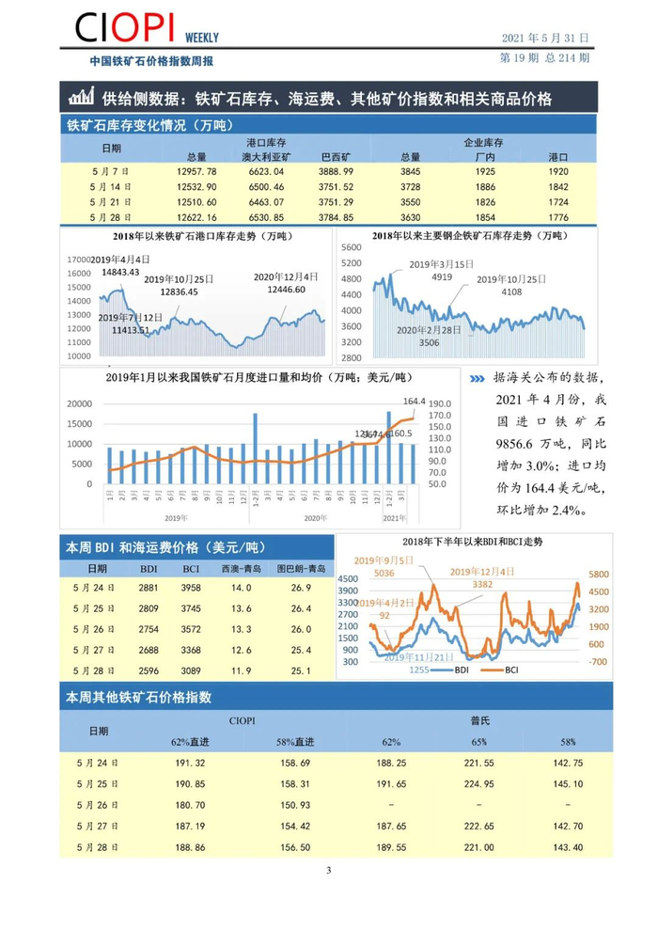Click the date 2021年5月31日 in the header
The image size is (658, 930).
tap(545, 38)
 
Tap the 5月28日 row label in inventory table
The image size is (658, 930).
tap(111, 216)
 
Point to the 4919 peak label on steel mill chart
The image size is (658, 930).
tap(441, 276)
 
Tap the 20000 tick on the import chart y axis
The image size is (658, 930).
tap(79, 403)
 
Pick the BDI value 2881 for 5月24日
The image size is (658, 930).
tap(149, 588)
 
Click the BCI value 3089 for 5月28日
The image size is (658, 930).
tap(191, 670)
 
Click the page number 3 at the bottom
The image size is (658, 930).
tap(329, 870)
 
